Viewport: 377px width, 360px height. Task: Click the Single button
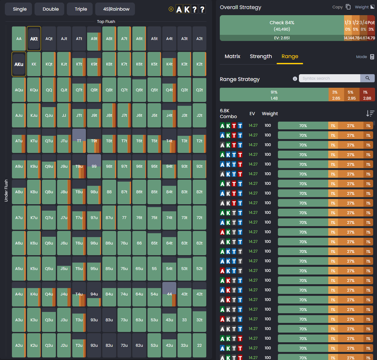20,9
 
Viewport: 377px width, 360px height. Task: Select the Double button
51,9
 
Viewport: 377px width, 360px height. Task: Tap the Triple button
81,9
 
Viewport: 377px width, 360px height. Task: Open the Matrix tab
232,56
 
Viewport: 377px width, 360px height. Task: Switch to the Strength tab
261,56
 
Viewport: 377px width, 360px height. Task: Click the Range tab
290,56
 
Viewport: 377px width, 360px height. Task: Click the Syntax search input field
329,78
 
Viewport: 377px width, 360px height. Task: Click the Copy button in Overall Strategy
341,7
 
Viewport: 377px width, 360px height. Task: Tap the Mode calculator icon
372,57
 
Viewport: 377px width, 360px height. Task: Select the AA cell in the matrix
19,39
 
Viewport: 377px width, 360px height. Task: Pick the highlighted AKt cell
34,39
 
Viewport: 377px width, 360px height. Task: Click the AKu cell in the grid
19,64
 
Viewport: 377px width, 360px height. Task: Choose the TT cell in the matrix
79,141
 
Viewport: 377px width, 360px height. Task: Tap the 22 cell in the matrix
199,345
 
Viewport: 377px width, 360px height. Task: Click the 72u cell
124,345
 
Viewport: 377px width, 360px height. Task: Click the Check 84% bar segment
282,25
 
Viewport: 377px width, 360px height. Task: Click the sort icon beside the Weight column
370,113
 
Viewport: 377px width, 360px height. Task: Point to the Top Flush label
106,22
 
